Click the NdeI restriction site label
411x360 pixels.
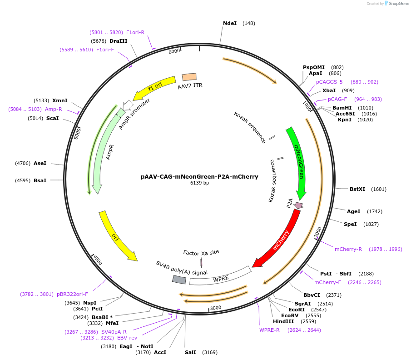click(230, 23)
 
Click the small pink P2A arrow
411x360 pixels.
click(298, 205)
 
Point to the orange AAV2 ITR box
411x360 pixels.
click(189, 77)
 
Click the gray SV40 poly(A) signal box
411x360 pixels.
click(179, 280)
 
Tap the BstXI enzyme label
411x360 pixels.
click(357, 189)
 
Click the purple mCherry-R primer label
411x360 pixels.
click(348, 249)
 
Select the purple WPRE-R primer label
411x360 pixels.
click(269, 330)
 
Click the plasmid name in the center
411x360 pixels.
click(199, 177)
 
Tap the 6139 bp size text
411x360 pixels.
click(199, 183)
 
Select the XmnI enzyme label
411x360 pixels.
click(59, 100)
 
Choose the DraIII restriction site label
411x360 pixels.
click(118, 41)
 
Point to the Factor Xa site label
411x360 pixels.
click(201, 252)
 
